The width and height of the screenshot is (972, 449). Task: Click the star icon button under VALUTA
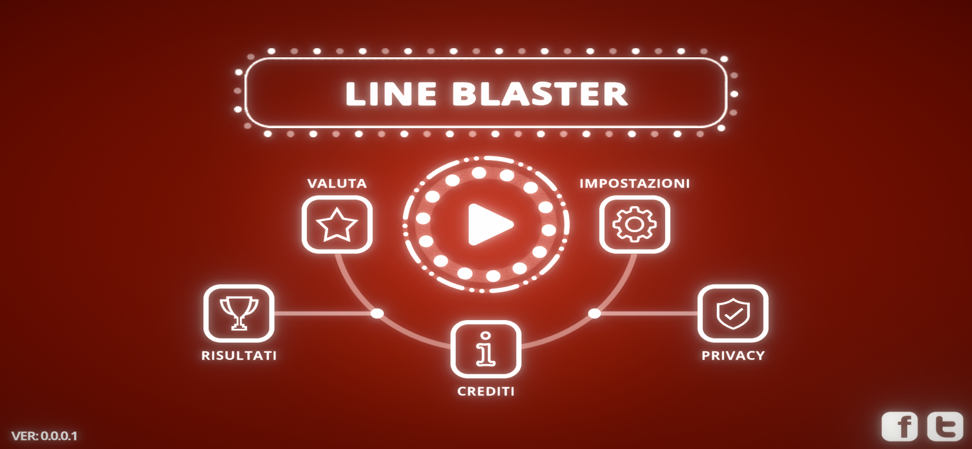pyautogui.click(x=337, y=224)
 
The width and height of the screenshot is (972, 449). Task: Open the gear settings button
pyautogui.click(x=635, y=224)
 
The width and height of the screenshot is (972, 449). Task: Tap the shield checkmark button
pyautogui.click(x=733, y=313)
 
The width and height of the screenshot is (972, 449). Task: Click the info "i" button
pyautogui.click(x=486, y=349)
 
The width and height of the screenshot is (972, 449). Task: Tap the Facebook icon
pyautogui.click(x=900, y=427)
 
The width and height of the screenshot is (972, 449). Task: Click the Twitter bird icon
pyautogui.click(x=945, y=427)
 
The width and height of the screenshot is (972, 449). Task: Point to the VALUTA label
pyautogui.click(x=337, y=183)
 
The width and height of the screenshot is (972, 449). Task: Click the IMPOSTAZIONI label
pyautogui.click(x=635, y=183)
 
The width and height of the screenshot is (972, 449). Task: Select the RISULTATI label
pyautogui.click(x=239, y=355)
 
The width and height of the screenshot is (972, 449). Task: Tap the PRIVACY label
pyautogui.click(x=733, y=355)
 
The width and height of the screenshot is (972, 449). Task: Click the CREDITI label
pyautogui.click(x=486, y=391)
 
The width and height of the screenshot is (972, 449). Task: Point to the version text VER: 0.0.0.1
pyautogui.click(x=44, y=436)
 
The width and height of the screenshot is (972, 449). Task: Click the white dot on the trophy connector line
pyautogui.click(x=377, y=313)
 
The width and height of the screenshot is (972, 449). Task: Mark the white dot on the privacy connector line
pyautogui.click(x=595, y=313)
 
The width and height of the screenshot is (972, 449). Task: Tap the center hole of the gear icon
pyautogui.click(x=634, y=224)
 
